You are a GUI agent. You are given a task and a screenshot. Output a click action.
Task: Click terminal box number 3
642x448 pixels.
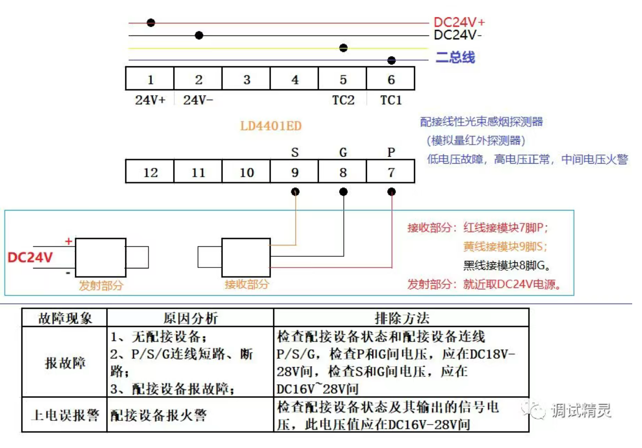[246, 79]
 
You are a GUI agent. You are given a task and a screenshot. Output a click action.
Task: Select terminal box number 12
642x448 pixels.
[150, 172]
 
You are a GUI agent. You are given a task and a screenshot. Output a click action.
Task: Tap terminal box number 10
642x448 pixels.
[246, 172]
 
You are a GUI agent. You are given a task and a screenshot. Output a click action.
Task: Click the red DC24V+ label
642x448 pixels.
[459, 22]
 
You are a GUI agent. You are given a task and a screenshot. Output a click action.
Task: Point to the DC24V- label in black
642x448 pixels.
[457, 35]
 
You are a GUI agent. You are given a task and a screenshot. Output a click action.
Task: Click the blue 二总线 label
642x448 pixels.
[455, 58]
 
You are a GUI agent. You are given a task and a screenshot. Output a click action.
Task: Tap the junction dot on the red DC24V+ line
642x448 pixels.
[150, 22]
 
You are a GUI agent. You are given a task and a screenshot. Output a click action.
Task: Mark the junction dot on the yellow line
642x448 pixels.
[343, 48]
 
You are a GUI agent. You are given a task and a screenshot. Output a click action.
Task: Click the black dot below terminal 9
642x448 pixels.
[295, 192]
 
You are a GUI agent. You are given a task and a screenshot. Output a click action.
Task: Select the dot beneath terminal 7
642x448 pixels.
[391, 192]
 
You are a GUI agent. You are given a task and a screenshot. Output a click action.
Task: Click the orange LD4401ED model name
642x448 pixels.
[271, 126]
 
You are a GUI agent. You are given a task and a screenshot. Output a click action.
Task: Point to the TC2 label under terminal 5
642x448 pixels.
[343, 100]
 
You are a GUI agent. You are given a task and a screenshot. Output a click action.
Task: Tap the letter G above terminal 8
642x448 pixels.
[343, 152]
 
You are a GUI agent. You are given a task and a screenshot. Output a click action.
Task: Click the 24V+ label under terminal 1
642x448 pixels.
[150, 100]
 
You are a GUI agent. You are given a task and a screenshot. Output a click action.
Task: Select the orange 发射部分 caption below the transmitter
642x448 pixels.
[100, 285]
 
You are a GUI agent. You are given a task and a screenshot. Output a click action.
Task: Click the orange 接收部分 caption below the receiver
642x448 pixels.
[246, 284]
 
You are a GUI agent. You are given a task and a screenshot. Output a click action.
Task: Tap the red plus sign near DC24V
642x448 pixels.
[69, 241]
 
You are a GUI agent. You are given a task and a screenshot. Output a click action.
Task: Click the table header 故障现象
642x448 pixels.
[65, 318]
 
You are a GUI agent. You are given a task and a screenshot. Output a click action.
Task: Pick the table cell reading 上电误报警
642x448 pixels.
[65, 415]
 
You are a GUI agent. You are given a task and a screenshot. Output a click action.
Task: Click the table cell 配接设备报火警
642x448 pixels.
[158, 415]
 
